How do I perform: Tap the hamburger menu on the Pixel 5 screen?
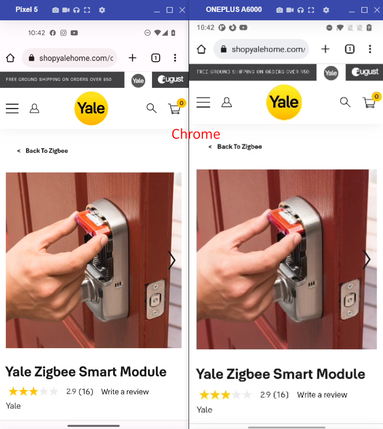click(x=12, y=108)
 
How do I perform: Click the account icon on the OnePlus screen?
click(x=227, y=103)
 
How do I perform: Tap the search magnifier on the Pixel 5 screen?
click(x=151, y=108)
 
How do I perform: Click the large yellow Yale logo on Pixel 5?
click(x=91, y=108)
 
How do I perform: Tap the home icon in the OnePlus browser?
click(x=201, y=49)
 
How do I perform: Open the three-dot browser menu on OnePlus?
click(x=370, y=49)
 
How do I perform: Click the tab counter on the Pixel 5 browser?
click(x=155, y=58)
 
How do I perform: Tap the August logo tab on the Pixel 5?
click(x=171, y=80)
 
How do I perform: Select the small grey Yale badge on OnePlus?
click(x=331, y=73)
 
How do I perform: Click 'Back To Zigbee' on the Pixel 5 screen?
click(x=46, y=151)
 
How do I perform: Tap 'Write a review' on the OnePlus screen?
click(x=322, y=395)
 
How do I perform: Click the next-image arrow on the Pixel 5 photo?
click(x=172, y=260)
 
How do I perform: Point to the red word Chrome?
click(x=196, y=134)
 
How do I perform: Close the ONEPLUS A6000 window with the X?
click(x=377, y=10)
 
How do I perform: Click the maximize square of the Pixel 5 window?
click(x=170, y=10)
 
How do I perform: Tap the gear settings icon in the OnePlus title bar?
click(x=326, y=10)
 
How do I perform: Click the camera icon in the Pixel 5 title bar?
click(x=56, y=10)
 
